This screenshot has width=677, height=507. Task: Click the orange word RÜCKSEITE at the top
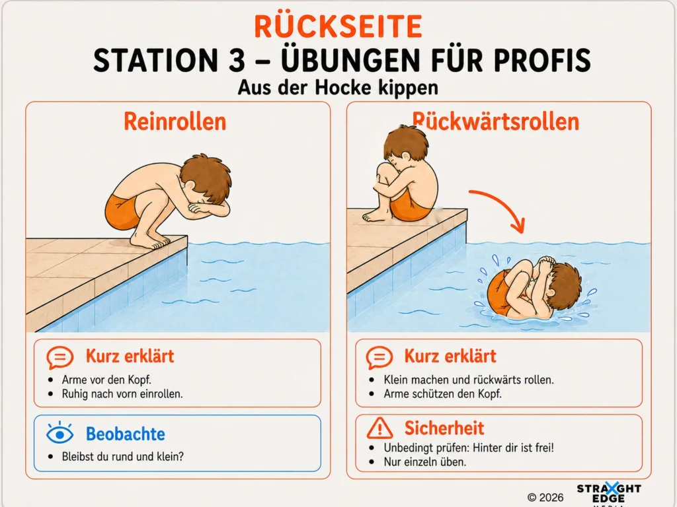338,26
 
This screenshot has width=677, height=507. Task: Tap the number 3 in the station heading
237,60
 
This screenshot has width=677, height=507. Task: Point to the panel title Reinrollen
175,121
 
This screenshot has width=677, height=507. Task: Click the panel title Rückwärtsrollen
495,121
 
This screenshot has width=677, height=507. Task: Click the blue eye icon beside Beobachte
60,433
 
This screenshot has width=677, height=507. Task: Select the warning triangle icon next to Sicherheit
379,428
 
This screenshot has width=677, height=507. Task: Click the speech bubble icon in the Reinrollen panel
60,357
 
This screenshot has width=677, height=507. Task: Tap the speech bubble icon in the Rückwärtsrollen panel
379,357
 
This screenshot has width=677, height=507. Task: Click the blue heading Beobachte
125,434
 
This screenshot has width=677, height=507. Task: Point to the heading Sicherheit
444,428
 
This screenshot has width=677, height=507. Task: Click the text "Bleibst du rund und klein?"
122,457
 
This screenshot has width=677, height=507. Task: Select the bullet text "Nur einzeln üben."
425,462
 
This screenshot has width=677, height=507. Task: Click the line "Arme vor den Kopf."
106,380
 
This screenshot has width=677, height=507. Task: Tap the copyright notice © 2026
545,498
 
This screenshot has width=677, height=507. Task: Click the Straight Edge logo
609,494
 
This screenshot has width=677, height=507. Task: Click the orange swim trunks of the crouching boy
122,212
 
